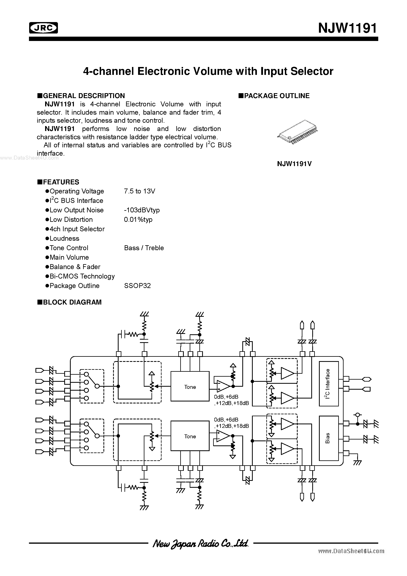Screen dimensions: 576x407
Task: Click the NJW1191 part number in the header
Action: [347, 28]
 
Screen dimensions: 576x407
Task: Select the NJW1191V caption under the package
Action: [294, 164]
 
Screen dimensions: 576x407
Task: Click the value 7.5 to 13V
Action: [139, 191]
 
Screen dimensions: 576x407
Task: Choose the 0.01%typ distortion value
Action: [138, 219]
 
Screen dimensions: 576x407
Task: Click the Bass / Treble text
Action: [144, 248]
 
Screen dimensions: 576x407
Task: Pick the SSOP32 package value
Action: [137, 286]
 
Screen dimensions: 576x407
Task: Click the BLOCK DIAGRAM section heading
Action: [72, 302]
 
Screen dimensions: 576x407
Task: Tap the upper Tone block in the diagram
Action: [190, 387]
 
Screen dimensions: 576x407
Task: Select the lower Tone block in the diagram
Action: [190, 436]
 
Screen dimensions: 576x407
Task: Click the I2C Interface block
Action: [328, 384]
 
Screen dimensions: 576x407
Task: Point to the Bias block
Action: [328, 438]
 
